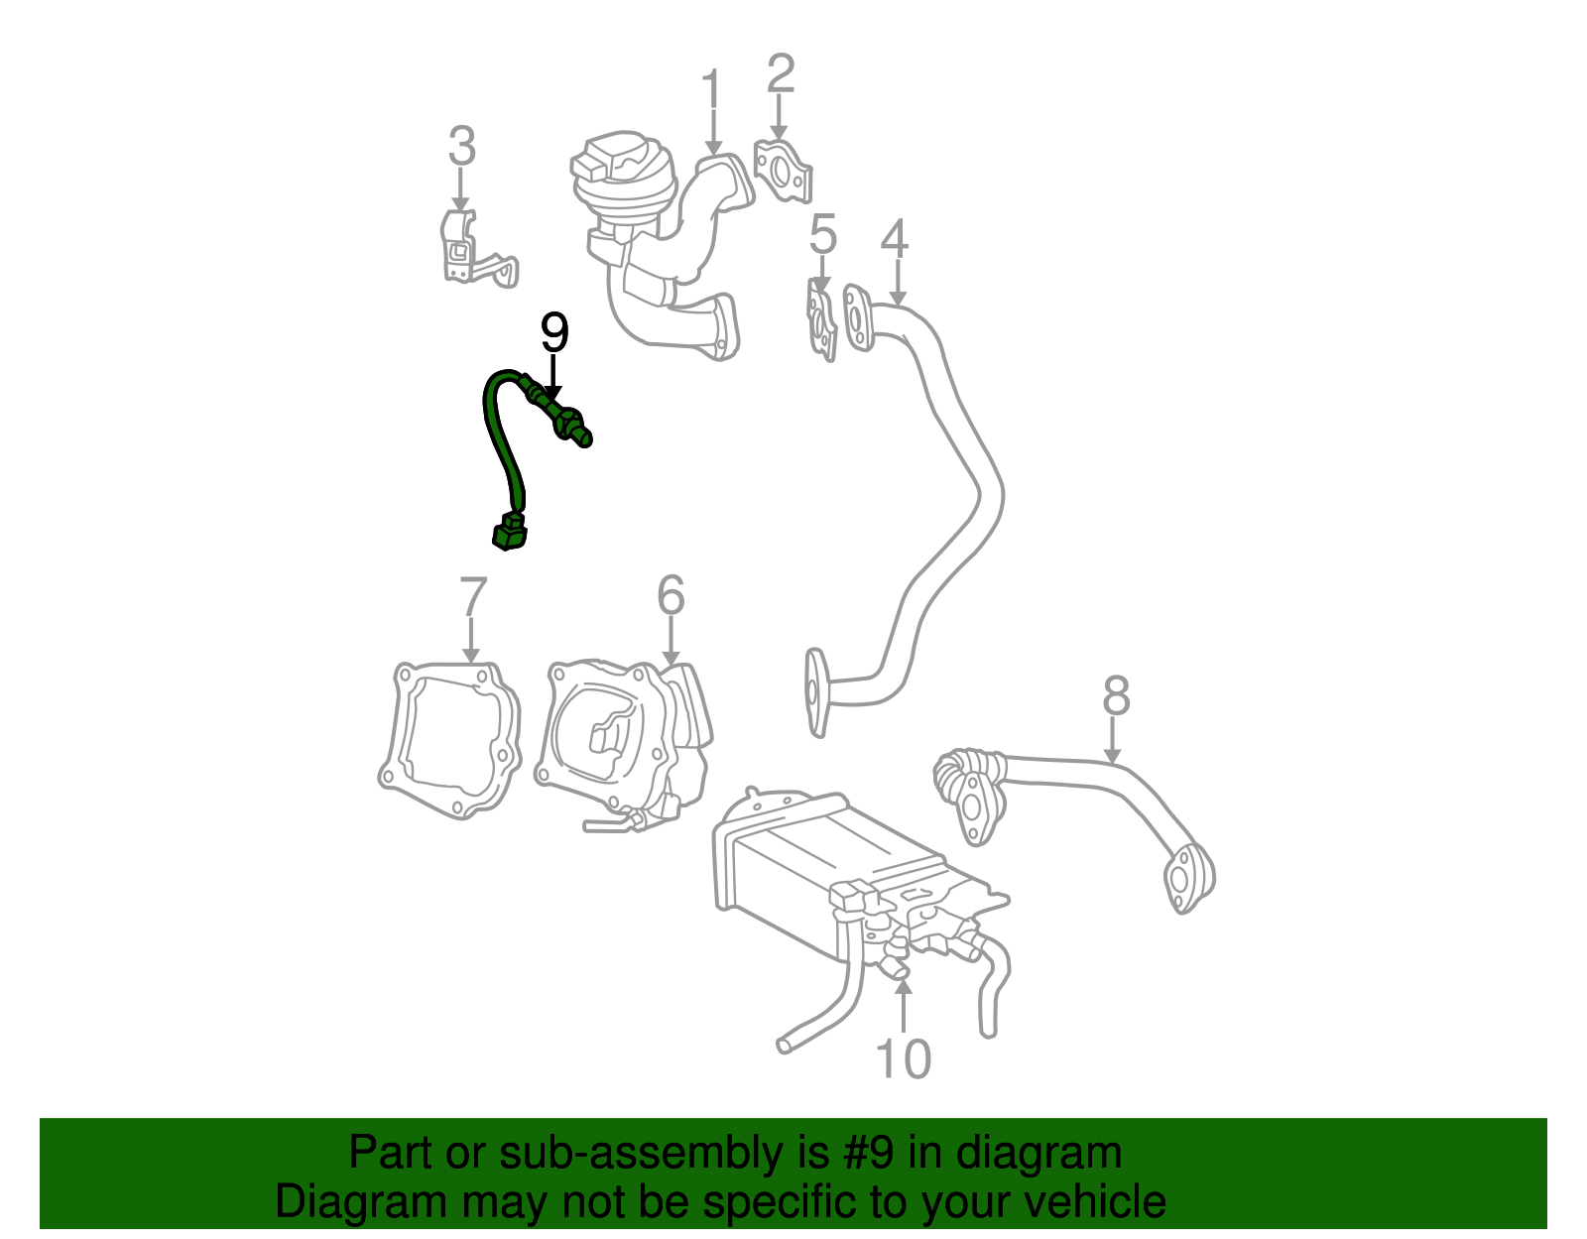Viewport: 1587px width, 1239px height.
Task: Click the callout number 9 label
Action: click(x=554, y=334)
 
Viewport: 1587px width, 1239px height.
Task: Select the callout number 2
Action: click(x=781, y=74)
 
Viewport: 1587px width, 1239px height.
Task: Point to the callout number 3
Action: click(x=461, y=147)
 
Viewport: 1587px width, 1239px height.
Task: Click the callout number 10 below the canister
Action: click(x=904, y=1058)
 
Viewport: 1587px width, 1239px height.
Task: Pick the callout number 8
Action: click(x=1116, y=696)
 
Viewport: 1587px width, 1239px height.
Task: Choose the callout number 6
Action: click(x=671, y=596)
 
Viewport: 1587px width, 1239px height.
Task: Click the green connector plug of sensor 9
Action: click(x=510, y=533)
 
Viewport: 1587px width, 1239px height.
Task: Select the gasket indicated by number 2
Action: click(x=783, y=172)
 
